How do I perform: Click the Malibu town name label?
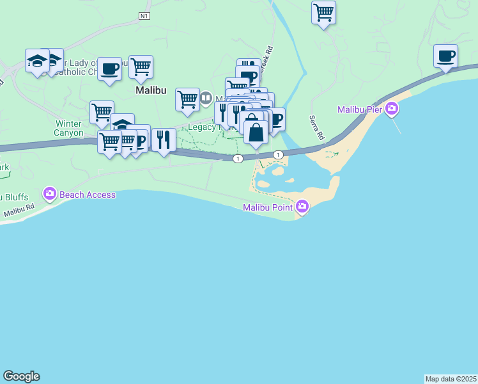(x=151, y=92)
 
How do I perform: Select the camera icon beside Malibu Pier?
(x=392, y=109)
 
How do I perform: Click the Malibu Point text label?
(x=268, y=207)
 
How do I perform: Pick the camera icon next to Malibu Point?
(x=302, y=207)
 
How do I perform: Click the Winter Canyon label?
(x=69, y=128)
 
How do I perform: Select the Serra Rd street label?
(x=317, y=128)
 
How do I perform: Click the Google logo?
(x=21, y=376)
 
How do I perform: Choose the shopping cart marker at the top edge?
(x=324, y=12)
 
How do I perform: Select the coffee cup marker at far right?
(x=445, y=56)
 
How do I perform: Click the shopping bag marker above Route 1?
(x=256, y=132)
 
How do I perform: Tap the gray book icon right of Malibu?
(x=206, y=99)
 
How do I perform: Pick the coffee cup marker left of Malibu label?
(x=109, y=68)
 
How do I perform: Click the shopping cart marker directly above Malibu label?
(x=141, y=67)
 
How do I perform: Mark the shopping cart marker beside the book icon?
(x=187, y=99)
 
